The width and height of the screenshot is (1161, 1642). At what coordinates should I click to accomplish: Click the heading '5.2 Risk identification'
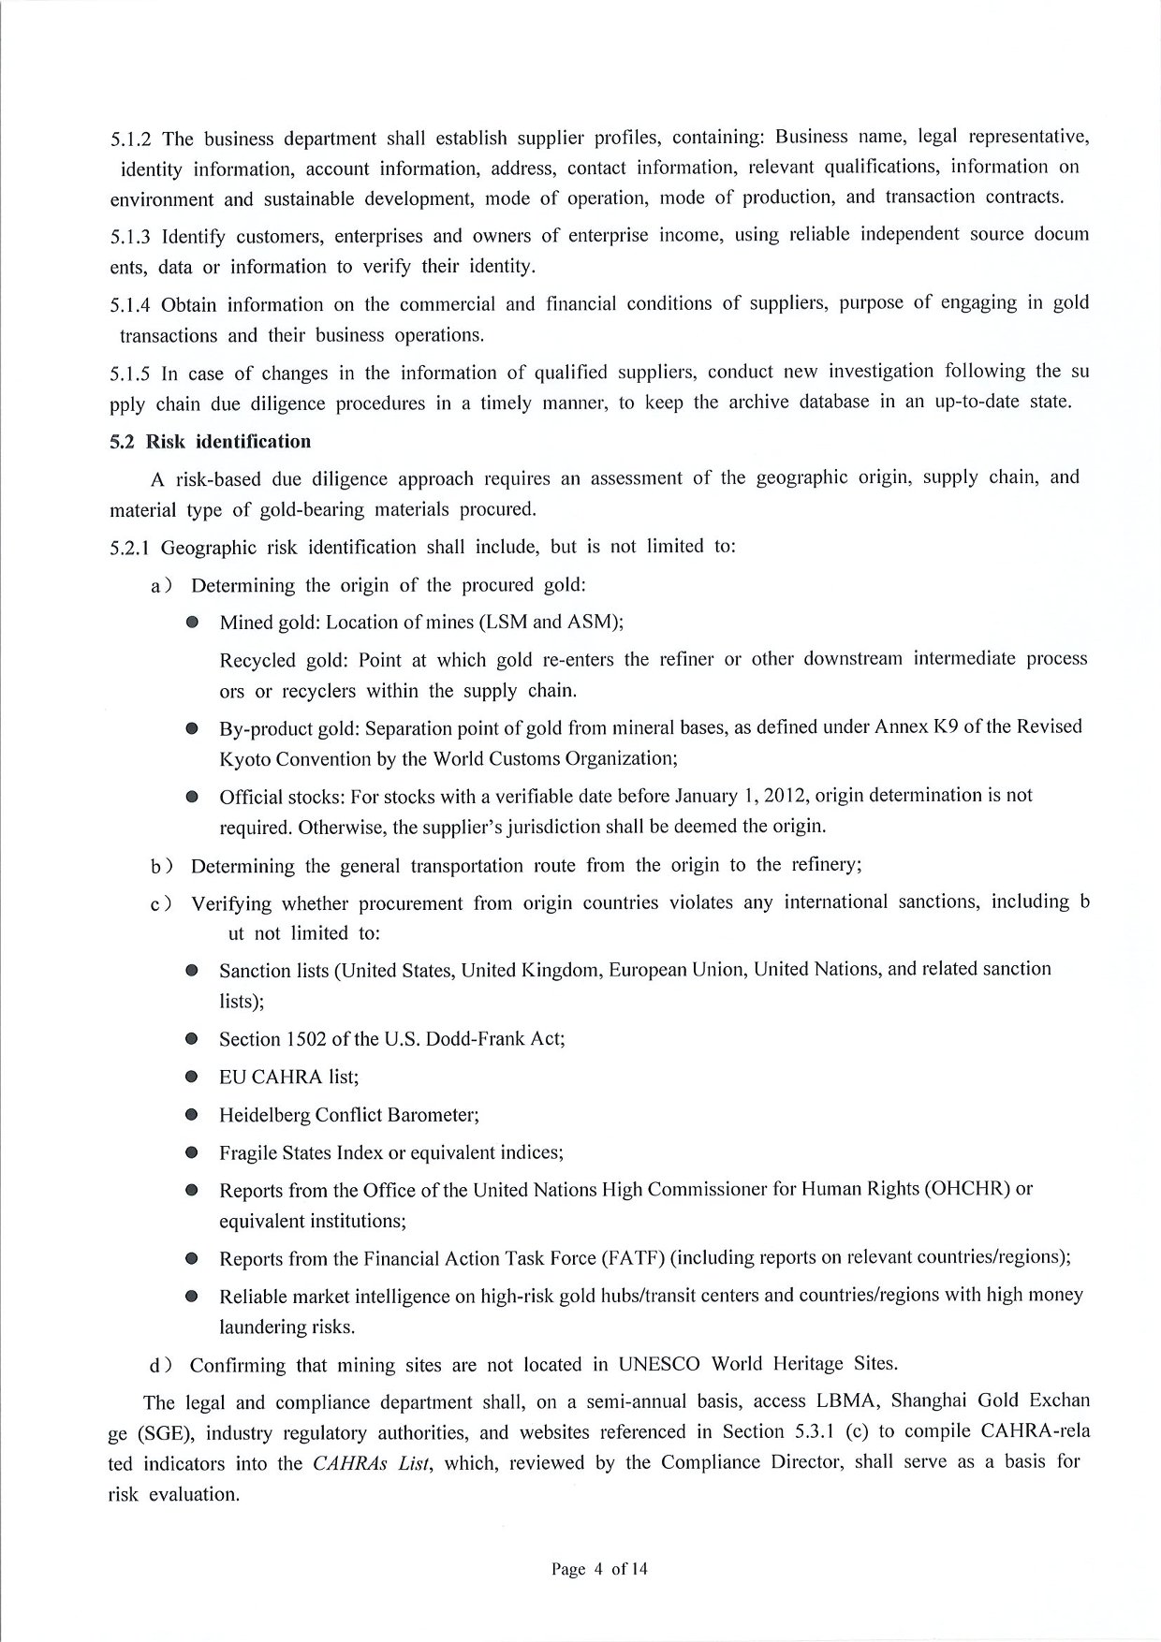[x=210, y=441]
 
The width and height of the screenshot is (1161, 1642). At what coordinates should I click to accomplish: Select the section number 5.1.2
[x=131, y=139]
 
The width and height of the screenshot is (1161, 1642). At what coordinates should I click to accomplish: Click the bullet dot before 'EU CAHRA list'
[x=192, y=1077]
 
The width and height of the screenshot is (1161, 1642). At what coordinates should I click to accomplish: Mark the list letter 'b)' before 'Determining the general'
[x=160, y=866]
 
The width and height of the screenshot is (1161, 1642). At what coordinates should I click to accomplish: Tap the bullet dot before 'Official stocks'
[x=192, y=798]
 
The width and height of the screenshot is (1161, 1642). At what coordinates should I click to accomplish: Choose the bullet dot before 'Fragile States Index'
[x=192, y=1152]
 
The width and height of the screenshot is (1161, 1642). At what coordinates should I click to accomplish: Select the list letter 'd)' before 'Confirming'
[x=160, y=1365]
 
